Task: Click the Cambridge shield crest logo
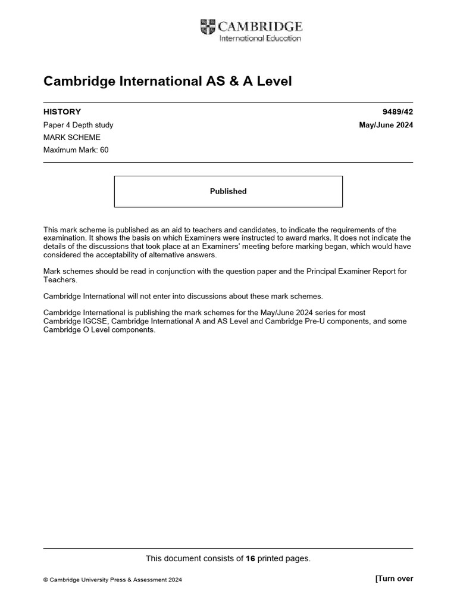tap(208, 27)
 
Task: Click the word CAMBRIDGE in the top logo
tap(260, 26)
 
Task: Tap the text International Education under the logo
tap(260, 39)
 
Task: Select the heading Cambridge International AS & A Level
tap(168, 81)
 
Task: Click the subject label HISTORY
tap(62, 111)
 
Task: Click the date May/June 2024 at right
tap(386, 125)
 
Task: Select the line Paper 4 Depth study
tap(78, 125)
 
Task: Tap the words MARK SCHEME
tap(68, 138)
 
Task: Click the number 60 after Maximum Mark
tap(104, 150)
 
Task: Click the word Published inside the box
tap(228, 191)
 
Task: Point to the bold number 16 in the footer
tap(251, 558)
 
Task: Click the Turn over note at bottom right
tap(394, 578)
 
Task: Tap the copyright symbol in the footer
tap(46, 580)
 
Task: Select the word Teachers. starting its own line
tap(61, 279)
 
